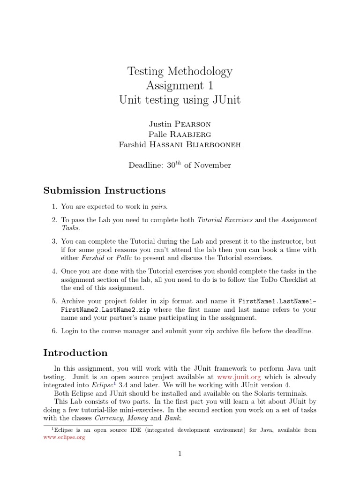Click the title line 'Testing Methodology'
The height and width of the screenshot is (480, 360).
coord(180,71)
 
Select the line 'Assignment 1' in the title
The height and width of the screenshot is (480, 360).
coord(180,85)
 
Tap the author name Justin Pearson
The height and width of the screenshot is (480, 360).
coord(180,124)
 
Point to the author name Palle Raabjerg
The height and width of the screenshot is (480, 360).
coord(180,135)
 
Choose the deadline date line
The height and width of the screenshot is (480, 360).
coord(180,165)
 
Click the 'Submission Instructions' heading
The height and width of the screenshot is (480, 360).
coord(105,190)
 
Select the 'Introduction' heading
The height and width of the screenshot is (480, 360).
coord(75,353)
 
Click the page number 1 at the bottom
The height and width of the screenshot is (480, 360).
coord(180,454)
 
